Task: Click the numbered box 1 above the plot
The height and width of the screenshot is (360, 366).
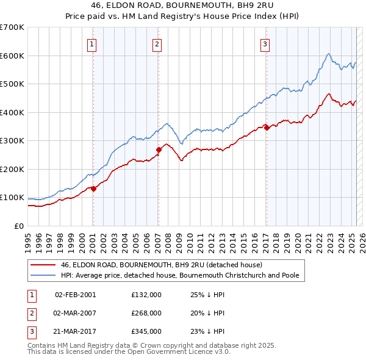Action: click(91, 43)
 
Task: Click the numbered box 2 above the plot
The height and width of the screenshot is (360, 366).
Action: click(157, 43)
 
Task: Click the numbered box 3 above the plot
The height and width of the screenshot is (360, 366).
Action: click(265, 43)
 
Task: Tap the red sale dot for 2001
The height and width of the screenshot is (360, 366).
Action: click(93, 189)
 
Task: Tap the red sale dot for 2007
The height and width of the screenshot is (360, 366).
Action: click(159, 149)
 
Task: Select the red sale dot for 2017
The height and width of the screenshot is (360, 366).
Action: click(267, 128)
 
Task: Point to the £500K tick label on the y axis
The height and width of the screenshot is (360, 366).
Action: click(12, 84)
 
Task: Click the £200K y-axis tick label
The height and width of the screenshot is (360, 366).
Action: click(12, 169)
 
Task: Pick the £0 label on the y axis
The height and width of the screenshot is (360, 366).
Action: click(18, 226)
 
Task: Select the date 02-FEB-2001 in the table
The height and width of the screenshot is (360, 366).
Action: click(75, 295)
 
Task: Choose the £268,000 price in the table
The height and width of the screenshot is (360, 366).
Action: click(146, 313)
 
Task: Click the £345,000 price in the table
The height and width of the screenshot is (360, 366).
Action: click(146, 331)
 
